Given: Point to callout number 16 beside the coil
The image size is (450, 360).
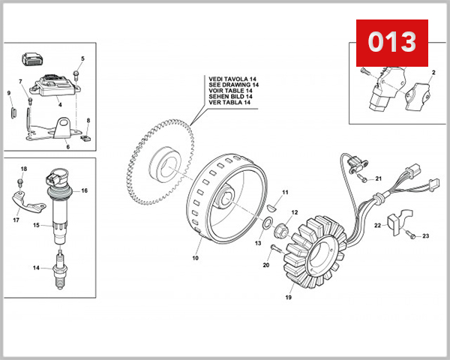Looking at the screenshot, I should pos(84,191).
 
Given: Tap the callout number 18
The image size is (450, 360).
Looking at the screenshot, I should pos(22,169).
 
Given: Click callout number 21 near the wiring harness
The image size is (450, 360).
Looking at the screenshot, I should pos(379,178).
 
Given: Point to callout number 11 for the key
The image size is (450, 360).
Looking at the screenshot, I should pos(285,193).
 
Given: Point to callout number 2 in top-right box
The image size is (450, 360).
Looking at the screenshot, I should pos(433,73).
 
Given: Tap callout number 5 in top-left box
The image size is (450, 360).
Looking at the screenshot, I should pos(82,58).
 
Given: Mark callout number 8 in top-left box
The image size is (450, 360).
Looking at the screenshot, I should pos(88,120).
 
